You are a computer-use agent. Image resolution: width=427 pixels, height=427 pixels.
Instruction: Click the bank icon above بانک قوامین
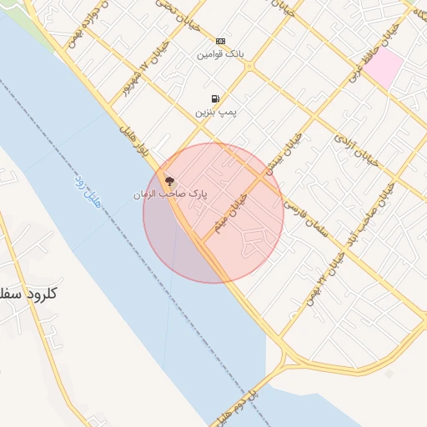(x=220, y=41)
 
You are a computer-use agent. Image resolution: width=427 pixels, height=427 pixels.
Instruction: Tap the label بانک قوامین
(x=220, y=54)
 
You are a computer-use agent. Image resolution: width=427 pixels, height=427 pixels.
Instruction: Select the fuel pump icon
(x=216, y=98)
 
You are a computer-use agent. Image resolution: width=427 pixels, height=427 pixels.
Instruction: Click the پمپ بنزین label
(x=215, y=111)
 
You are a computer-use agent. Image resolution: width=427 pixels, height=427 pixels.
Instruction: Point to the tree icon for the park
(x=170, y=180)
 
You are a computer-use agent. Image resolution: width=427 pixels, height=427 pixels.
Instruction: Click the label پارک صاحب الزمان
(x=170, y=193)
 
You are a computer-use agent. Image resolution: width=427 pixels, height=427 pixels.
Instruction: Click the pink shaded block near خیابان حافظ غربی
(x=383, y=67)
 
